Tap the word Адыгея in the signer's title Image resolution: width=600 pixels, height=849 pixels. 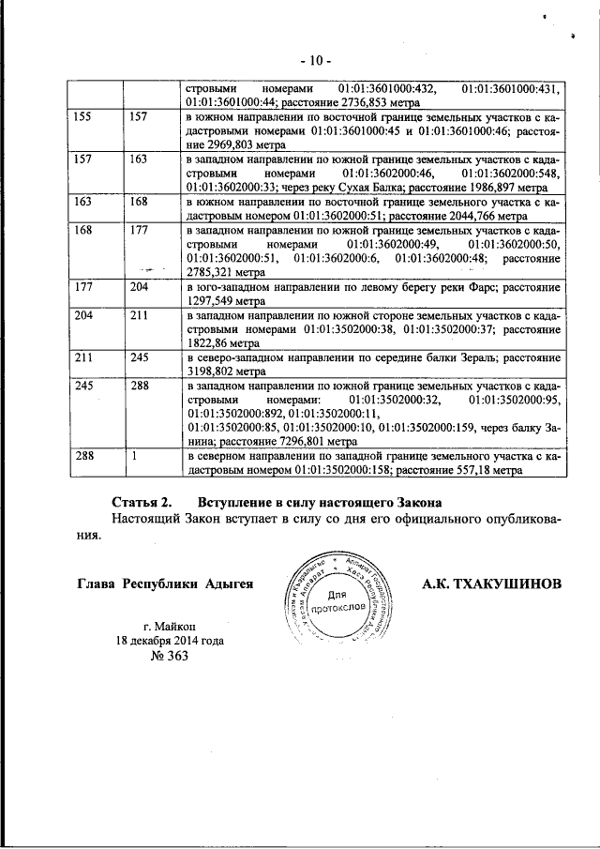(x=227, y=584)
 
